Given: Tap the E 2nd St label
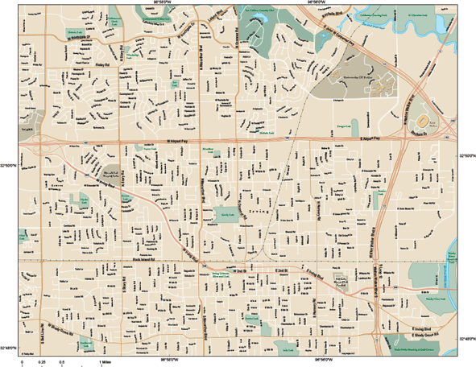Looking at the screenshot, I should pos(281,271).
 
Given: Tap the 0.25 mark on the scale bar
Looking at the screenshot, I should pos(42,363).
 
